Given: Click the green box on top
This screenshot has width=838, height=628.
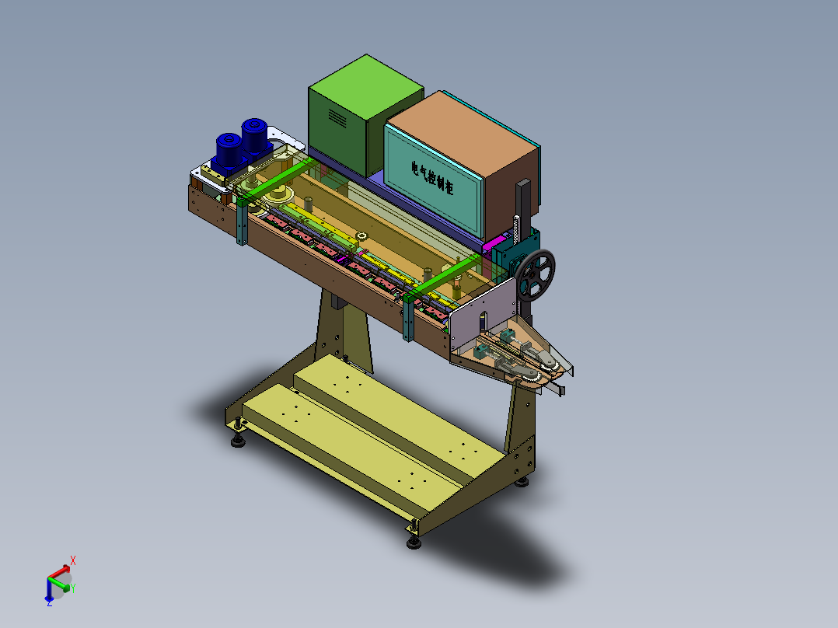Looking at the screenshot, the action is [x=365, y=115].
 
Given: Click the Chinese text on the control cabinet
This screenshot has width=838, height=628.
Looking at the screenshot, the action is [x=432, y=177].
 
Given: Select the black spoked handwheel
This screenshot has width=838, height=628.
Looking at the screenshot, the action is [x=535, y=274].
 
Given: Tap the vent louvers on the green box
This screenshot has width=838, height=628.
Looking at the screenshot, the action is [x=337, y=117].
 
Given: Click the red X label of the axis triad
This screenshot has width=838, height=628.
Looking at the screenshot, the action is [x=73, y=560].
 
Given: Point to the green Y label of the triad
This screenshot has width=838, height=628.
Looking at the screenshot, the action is [x=73, y=588].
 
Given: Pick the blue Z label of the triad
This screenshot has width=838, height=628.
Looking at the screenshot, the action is [x=49, y=602].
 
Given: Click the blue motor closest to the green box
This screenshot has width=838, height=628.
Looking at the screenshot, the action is [x=254, y=137].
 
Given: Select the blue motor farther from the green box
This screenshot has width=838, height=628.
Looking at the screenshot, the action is [x=229, y=152].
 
